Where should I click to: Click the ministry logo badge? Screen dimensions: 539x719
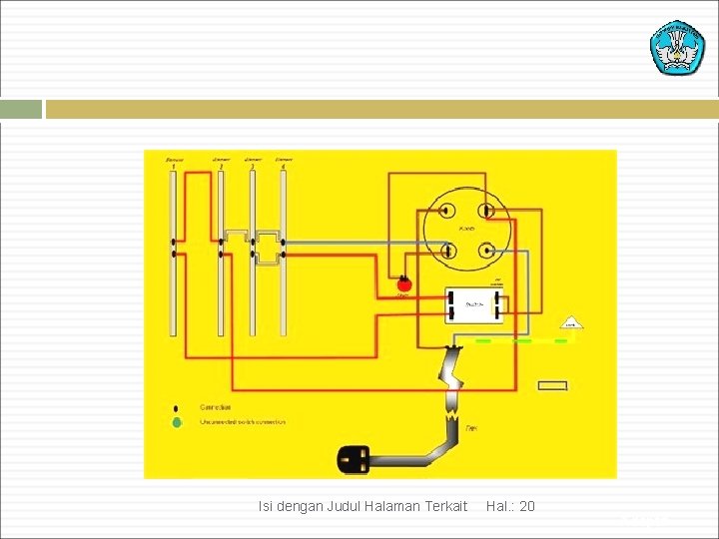(x=677, y=46)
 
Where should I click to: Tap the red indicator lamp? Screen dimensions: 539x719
(x=404, y=282)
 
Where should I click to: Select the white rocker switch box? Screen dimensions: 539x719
(x=473, y=304)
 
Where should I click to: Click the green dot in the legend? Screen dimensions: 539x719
(x=177, y=422)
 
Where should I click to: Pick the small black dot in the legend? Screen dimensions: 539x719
(x=177, y=408)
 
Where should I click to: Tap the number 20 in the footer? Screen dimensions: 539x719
(x=527, y=506)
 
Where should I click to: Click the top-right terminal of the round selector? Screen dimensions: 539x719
(x=485, y=211)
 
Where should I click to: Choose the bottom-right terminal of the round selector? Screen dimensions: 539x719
(x=485, y=250)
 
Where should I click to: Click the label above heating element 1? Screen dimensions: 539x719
(x=175, y=161)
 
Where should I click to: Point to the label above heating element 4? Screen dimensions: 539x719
(x=283, y=161)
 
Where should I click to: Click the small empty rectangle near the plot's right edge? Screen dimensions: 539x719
(x=552, y=385)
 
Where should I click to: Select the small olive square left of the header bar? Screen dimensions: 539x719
(x=21, y=109)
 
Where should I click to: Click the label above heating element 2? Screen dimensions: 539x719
(x=221, y=161)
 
